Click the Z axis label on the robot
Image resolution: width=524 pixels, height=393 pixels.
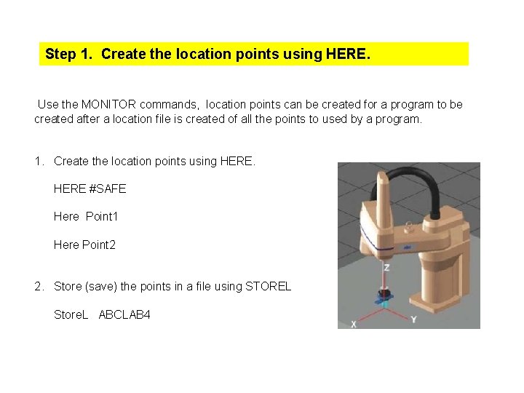(386, 267)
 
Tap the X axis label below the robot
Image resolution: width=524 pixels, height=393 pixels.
(354, 324)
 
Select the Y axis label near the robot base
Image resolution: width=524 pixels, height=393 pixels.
(413, 319)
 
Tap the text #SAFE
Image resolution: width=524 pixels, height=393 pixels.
(108, 188)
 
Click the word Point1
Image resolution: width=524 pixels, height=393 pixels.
(102, 216)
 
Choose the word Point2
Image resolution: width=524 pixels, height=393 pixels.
(99, 245)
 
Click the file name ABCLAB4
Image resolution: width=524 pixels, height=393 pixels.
(124, 314)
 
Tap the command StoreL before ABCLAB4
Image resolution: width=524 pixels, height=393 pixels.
(71, 314)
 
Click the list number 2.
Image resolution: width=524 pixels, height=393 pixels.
(39, 286)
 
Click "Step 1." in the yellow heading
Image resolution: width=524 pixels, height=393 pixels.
(69, 54)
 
